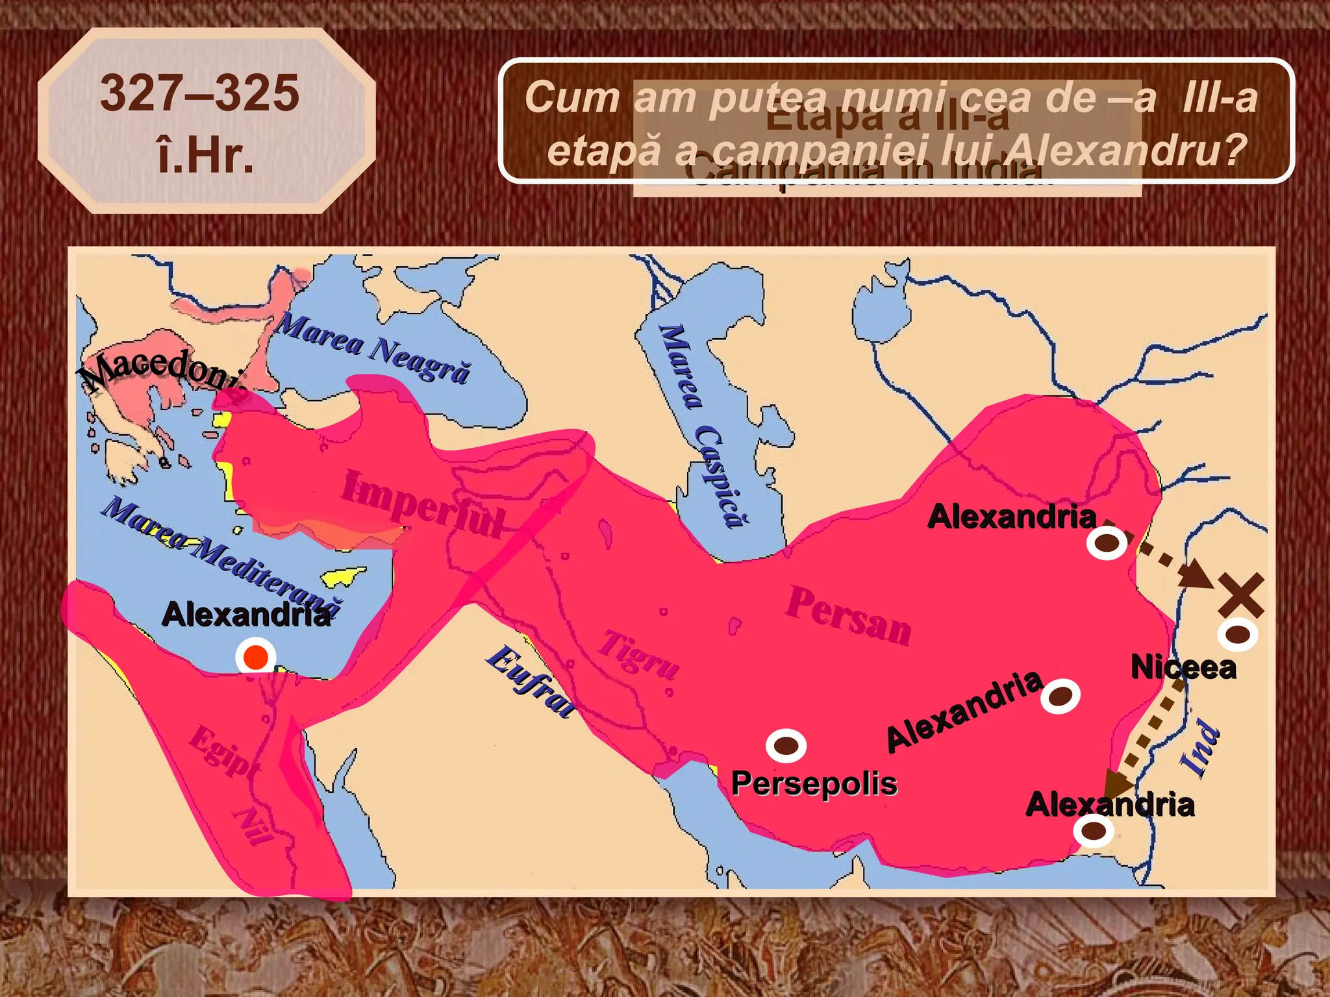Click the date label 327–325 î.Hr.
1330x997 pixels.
200,123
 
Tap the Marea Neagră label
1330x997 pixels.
372,347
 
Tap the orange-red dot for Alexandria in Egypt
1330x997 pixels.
256,657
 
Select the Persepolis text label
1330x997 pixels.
814,783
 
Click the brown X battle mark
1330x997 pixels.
1240,595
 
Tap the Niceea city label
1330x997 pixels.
1183,667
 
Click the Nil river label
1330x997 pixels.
253,826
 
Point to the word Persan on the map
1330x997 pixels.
848,615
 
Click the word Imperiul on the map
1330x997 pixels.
422,504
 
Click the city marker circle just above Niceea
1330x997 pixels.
1237,634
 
